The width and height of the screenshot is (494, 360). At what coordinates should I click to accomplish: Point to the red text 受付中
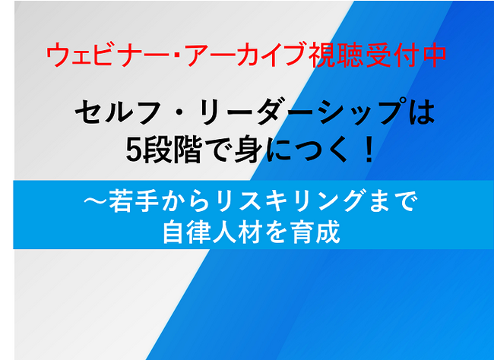[407, 55]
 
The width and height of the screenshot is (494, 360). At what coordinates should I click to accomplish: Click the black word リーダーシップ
[303, 112]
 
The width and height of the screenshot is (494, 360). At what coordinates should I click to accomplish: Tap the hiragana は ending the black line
[421, 112]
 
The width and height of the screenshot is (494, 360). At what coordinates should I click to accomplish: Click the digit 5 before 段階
[134, 150]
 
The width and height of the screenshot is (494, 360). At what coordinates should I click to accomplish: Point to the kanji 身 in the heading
[247, 150]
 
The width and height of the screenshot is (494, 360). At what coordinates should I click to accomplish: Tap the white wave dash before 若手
[96, 201]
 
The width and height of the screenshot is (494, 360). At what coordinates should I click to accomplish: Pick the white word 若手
[134, 201]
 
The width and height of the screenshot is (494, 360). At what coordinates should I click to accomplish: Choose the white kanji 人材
[237, 232]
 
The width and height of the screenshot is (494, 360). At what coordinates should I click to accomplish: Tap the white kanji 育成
[315, 232]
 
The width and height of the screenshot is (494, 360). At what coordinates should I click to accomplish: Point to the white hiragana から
[185, 201]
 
